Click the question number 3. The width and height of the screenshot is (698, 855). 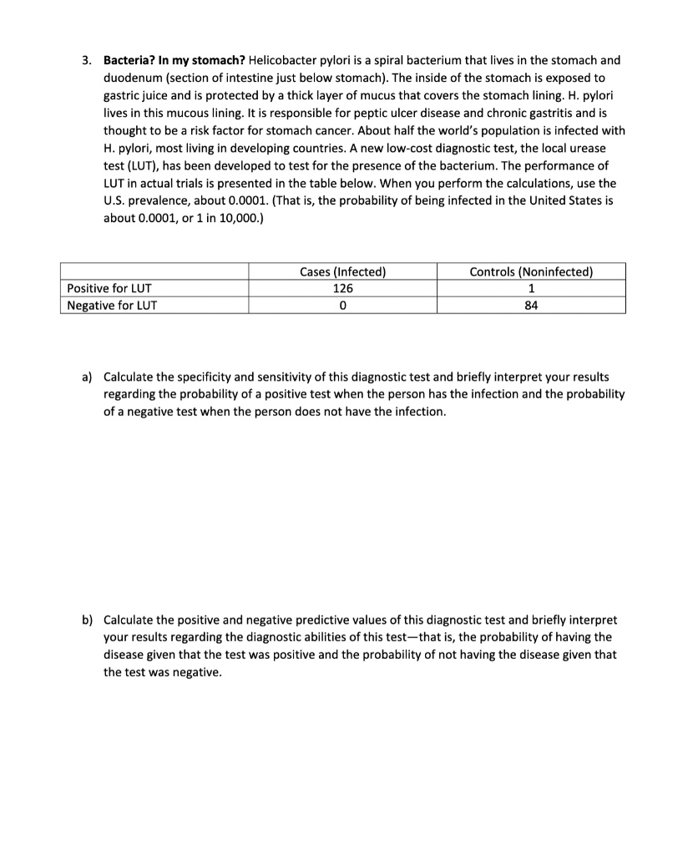pos(86,61)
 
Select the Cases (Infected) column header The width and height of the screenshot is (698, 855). pos(342,271)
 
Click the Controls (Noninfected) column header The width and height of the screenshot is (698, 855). pos(531,271)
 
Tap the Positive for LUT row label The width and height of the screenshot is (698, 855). pos(109,288)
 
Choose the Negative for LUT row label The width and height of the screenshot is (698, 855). pos(112,305)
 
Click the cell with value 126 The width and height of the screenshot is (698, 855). pos(342,288)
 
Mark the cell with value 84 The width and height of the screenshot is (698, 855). pos(531,305)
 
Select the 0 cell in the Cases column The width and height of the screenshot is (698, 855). pos(342,305)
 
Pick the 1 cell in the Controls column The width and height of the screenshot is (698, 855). pos(531,288)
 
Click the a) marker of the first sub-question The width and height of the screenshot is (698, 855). pos(87,377)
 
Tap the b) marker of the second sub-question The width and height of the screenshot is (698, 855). pos(87,620)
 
